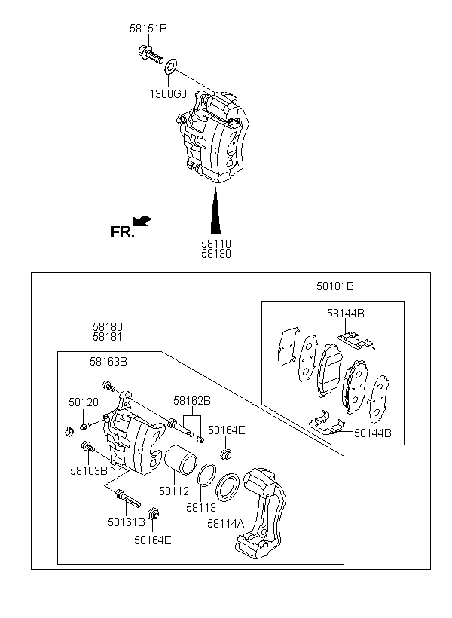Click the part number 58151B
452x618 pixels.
[148, 29]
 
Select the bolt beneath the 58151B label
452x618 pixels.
[151, 55]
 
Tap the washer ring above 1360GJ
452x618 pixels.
[171, 66]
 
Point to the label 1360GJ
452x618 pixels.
[168, 94]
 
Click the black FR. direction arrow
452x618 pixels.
[142, 221]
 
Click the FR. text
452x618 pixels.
[123, 232]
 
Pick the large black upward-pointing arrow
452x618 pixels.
[215, 211]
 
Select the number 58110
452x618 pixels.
[216, 244]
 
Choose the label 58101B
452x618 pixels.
[335, 286]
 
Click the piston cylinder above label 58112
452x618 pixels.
[180, 459]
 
